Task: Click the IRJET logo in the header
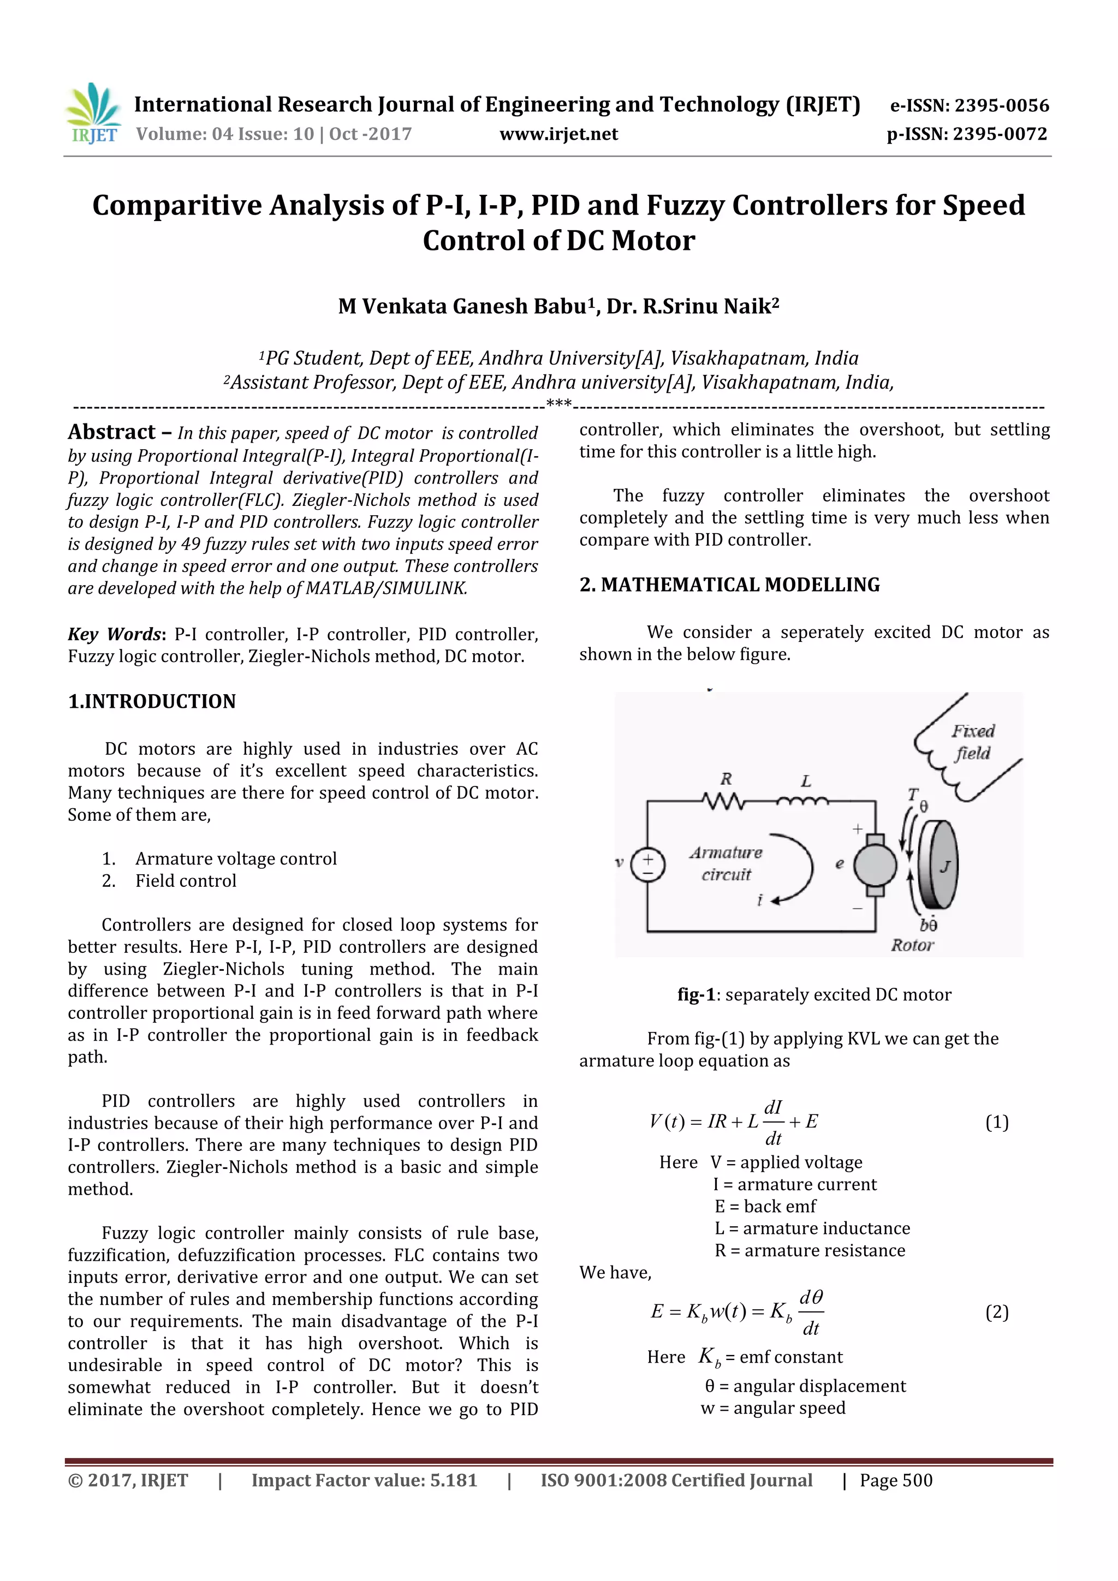(x=93, y=114)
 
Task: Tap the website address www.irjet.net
(x=558, y=134)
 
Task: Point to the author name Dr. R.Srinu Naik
(x=692, y=306)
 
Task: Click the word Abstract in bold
(x=111, y=432)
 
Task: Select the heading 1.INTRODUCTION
(x=152, y=702)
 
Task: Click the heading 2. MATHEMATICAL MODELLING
(x=729, y=584)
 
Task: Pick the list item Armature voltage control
(x=236, y=858)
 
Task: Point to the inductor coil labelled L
(x=803, y=801)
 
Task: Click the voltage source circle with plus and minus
(x=647, y=866)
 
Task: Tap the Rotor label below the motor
(x=912, y=945)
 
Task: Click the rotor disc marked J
(x=940, y=865)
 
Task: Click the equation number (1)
(x=997, y=1123)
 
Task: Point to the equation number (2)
(x=997, y=1312)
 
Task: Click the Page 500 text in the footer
(x=895, y=1481)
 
